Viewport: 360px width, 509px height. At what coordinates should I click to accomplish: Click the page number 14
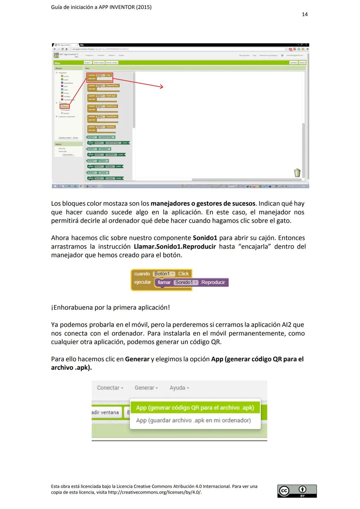click(304, 14)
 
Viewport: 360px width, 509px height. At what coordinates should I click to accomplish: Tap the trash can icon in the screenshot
click(297, 173)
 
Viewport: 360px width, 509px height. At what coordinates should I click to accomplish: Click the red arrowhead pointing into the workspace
click(161, 87)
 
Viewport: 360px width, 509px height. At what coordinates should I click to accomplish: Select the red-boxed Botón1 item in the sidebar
click(64, 107)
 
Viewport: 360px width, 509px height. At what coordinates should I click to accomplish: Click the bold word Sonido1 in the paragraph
click(205, 238)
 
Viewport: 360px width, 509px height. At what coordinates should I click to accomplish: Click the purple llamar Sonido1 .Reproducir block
click(191, 282)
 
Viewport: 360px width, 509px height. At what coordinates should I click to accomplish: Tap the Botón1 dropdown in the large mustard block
click(164, 274)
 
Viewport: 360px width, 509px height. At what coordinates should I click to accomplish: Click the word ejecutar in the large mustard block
click(143, 282)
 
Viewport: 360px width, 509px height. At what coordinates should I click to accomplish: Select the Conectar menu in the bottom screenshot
click(110, 388)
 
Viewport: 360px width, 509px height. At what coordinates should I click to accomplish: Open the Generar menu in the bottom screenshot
click(146, 388)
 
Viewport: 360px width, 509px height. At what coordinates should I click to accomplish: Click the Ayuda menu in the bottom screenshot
click(179, 388)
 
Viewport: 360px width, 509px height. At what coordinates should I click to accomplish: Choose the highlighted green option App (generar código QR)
click(195, 408)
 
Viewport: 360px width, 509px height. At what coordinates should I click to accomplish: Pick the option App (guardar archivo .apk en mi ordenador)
click(193, 420)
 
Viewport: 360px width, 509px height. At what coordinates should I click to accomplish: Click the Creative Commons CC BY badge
click(297, 491)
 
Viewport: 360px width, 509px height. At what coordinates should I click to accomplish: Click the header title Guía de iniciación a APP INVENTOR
click(101, 7)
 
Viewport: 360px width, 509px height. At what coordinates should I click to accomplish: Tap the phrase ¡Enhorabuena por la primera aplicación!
click(110, 307)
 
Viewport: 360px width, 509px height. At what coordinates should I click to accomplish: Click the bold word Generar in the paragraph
click(137, 359)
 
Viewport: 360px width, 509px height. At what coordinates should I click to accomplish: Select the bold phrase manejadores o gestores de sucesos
click(203, 204)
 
